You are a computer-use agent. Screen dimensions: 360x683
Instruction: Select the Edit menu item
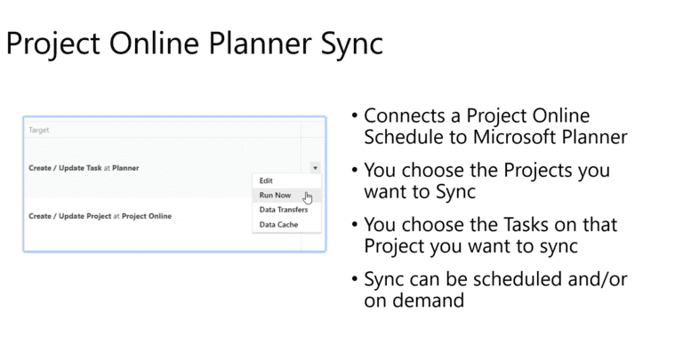pos(265,180)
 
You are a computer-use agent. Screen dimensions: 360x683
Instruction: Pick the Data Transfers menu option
pos(284,210)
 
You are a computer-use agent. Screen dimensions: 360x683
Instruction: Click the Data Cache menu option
pos(278,224)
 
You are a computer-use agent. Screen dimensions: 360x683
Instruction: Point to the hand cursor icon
pos(308,197)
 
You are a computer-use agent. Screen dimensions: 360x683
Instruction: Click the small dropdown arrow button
pos(315,167)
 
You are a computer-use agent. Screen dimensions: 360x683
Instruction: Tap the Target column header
pos(39,130)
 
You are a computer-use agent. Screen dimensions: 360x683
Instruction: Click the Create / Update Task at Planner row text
pos(84,167)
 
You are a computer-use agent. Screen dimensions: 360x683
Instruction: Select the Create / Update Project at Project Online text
pos(100,216)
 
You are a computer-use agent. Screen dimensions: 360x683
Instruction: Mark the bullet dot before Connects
pos(355,116)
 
